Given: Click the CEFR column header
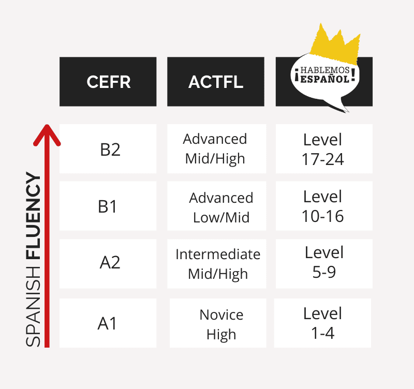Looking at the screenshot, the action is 108,82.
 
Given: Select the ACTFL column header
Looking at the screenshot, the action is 216,82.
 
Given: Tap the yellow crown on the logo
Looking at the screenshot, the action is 335,46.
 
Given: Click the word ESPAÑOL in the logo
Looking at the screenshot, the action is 325,79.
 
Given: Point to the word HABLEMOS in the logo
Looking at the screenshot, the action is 325,70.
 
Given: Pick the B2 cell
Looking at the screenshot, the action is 108,148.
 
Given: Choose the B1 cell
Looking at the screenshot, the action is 108,206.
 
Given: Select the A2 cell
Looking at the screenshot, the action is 108,264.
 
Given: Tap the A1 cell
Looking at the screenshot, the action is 108,323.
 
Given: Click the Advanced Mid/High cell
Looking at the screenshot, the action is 216,148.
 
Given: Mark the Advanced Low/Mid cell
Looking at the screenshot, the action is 216,206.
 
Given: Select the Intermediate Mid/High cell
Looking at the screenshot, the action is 216,264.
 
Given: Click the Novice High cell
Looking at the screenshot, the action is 218,323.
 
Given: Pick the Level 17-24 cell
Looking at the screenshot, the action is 324,148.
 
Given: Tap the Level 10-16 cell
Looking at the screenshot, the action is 324,206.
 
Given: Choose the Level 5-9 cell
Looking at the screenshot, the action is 324,264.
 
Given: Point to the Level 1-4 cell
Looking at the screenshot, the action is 322,323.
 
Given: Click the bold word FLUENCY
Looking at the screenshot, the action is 33,216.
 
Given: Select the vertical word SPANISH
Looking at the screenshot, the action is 33,306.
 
